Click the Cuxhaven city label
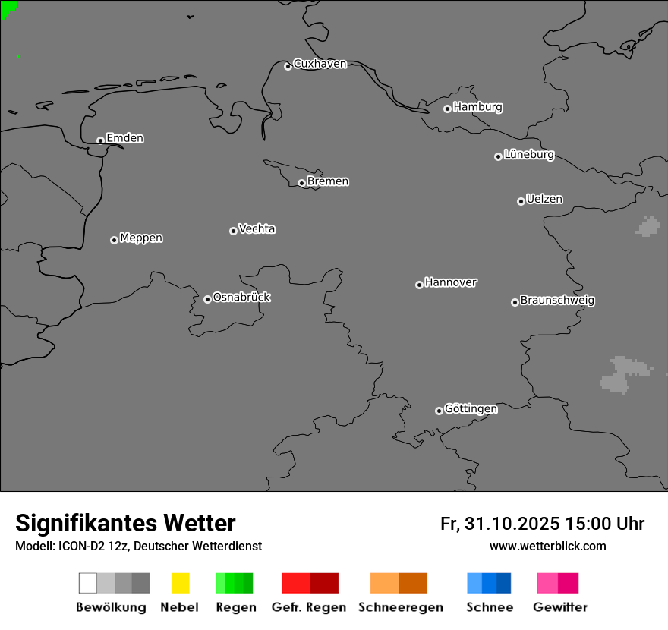(x=320, y=64)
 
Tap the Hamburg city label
(x=477, y=107)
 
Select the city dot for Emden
(x=100, y=140)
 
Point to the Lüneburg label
(x=528, y=155)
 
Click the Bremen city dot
(x=301, y=183)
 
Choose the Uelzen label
(x=544, y=200)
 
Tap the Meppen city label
(x=141, y=238)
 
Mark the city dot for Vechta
(x=233, y=231)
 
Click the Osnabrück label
(x=241, y=298)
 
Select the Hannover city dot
(x=419, y=285)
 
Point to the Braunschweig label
(x=557, y=301)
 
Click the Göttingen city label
(x=471, y=409)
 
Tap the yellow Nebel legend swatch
(x=180, y=583)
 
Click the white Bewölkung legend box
(x=87, y=583)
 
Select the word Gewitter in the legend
(x=560, y=607)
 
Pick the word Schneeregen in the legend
(x=401, y=607)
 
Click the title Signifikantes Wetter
(x=125, y=523)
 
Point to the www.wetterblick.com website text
(x=547, y=546)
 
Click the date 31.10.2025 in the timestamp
(x=512, y=524)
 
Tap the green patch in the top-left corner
(x=7, y=7)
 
